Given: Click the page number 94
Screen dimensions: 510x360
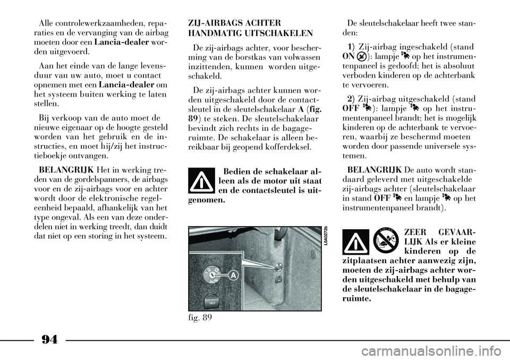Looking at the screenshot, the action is click(x=49, y=340).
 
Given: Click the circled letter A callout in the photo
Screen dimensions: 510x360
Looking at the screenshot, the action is click(x=234, y=275).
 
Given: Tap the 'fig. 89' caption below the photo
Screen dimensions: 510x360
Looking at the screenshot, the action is click(x=200, y=317).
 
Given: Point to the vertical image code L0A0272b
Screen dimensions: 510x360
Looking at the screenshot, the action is click(x=326, y=238).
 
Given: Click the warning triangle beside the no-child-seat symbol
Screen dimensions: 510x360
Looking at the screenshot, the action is click(x=356, y=242).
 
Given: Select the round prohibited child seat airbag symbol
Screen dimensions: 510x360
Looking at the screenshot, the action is click(x=386, y=241).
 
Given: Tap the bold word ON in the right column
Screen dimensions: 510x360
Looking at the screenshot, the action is click(x=348, y=56).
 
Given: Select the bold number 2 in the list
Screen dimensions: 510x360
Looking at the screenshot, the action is click(x=350, y=98).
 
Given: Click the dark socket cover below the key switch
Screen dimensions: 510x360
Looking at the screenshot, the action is click(x=212, y=302).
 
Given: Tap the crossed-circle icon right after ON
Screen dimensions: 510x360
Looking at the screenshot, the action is click(x=360, y=57).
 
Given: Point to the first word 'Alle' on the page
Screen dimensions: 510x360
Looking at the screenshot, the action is click(x=46, y=23).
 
